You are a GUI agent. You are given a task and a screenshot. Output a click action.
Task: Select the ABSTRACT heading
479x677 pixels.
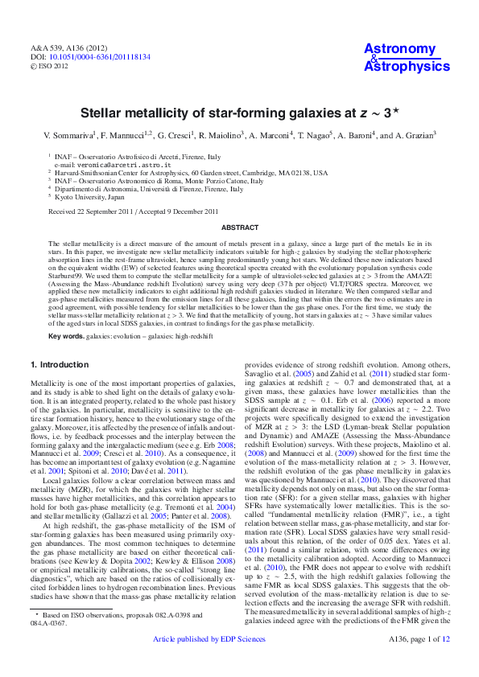(x=239, y=228)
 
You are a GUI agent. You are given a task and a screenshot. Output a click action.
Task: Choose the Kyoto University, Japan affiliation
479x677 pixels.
(x=89, y=196)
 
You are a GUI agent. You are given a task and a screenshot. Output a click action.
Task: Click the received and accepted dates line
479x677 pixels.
(x=133, y=211)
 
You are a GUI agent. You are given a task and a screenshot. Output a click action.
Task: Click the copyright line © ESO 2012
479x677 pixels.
(x=51, y=68)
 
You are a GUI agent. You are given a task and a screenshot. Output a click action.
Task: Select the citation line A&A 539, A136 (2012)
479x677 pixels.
(x=67, y=50)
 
